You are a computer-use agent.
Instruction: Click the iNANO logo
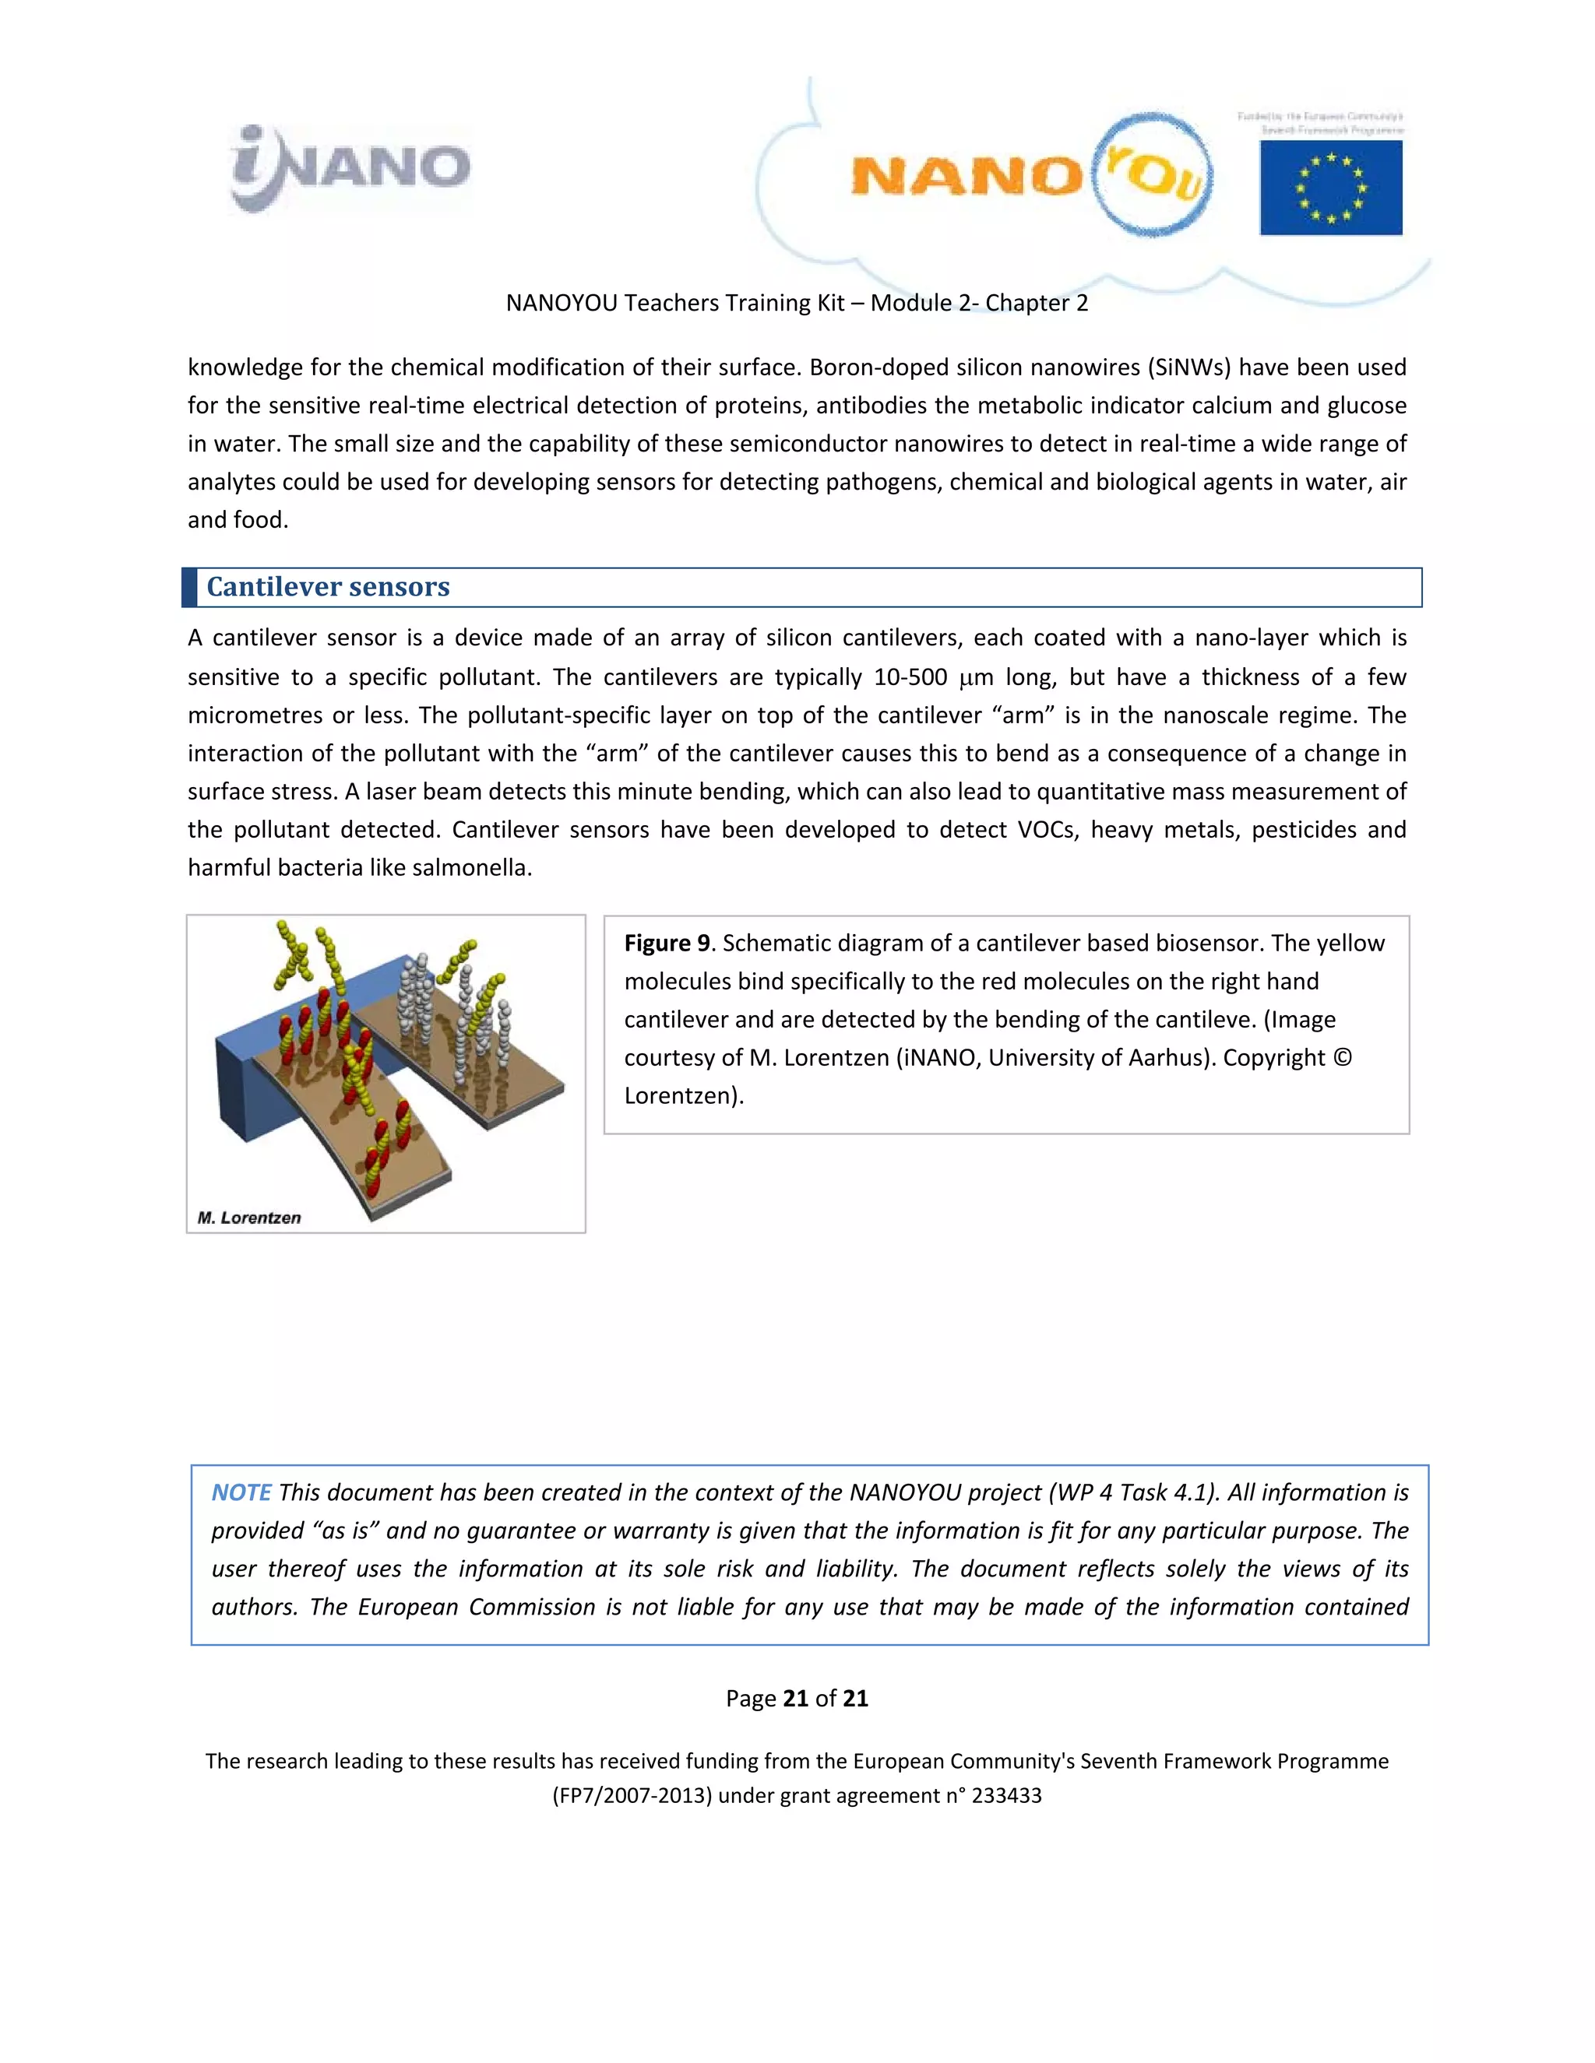click(x=350, y=168)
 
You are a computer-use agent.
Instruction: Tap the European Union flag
click(x=1330, y=188)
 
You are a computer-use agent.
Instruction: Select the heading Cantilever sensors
click(x=328, y=587)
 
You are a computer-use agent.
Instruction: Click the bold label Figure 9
click(x=666, y=943)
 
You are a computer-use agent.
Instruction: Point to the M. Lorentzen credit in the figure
click(x=248, y=1218)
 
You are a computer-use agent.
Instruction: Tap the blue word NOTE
click(x=241, y=1492)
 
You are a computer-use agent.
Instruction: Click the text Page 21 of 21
click(x=797, y=1699)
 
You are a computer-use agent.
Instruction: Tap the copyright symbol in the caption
click(x=1342, y=1057)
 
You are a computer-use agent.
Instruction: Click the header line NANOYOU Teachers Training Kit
click(x=797, y=302)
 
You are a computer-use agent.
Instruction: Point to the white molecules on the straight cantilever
click(x=421, y=992)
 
